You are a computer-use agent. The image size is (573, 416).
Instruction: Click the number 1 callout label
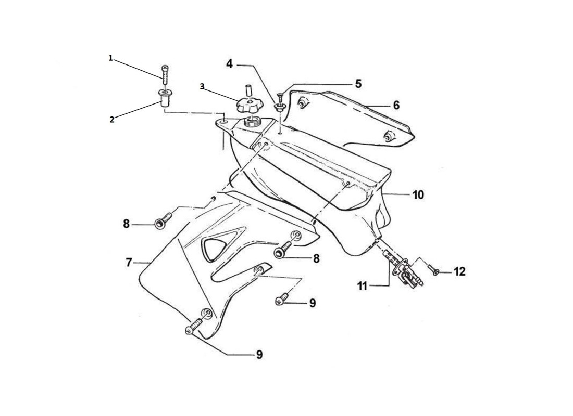click(110, 58)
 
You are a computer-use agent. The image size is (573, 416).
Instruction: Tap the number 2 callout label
click(111, 119)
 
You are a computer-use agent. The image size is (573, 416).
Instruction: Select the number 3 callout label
click(202, 86)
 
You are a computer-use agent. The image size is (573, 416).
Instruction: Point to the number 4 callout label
click(229, 64)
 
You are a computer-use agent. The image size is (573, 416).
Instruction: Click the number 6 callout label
click(396, 105)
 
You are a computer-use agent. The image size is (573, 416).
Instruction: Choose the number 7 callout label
click(129, 263)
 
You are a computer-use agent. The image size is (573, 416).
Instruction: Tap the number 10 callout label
click(418, 195)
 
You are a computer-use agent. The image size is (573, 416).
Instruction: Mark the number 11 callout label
click(363, 285)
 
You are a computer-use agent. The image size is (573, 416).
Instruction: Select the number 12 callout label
click(459, 271)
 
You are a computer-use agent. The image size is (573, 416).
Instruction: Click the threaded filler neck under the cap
click(253, 123)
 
